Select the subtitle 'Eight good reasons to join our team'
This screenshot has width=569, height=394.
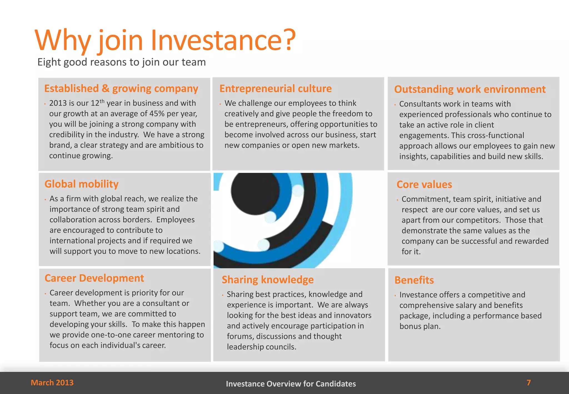pos(121,62)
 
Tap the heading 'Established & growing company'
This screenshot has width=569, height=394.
pos(121,88)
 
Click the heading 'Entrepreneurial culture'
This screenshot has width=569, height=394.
pos(275,88)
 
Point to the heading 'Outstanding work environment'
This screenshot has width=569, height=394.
pos(470,89)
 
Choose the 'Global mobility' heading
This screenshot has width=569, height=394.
pos(81,184)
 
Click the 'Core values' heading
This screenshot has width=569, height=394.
pos(424,184)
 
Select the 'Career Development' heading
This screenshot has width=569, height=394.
pos(94,278)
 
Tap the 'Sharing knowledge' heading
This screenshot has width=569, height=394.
pos(268,280)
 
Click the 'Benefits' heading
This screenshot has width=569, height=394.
pos(414,280)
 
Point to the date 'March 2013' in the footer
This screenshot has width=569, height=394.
pos(52,383)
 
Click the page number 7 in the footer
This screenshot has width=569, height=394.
pos(529,383)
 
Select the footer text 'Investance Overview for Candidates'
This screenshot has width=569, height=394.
pos(291,384)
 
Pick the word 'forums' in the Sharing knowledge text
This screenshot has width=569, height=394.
pos(240,336)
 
